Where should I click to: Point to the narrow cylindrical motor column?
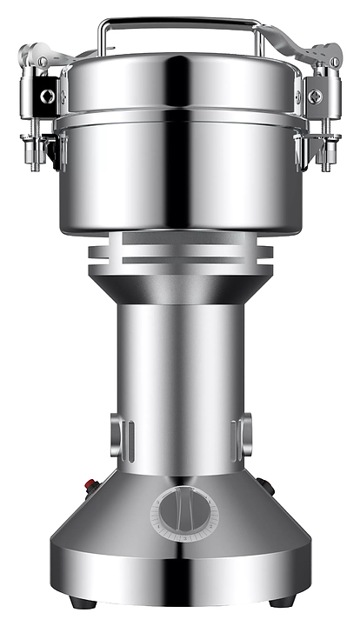(180, 374)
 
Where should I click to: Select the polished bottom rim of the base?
(180, 581)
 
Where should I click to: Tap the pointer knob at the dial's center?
(184, 513)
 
